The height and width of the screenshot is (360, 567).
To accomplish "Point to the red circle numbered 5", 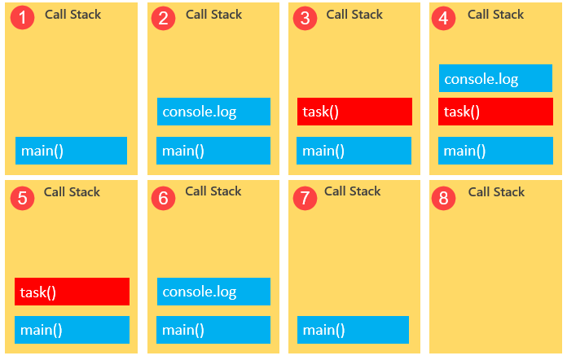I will point(24,197).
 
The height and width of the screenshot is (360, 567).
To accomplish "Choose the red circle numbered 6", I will point(164,197).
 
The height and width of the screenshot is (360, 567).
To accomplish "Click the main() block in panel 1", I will point(71,151).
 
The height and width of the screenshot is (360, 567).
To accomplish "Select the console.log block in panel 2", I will point(213,112).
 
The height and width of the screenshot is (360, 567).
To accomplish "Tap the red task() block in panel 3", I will point(354,112).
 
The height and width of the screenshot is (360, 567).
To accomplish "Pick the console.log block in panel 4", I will point(495,79).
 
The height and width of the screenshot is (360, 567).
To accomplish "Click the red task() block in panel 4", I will point(495,112).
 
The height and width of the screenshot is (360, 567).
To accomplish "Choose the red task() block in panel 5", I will point(72,292).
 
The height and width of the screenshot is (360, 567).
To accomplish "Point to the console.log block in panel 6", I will point(213,292).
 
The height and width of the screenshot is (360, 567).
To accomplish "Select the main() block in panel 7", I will point(353,330).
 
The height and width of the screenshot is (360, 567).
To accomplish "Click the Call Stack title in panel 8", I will point(496,192).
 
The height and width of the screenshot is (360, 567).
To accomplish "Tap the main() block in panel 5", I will point(72,330).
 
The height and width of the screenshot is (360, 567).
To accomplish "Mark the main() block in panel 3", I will point(354,151).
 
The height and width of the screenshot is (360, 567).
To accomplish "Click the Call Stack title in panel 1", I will point(72,15).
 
